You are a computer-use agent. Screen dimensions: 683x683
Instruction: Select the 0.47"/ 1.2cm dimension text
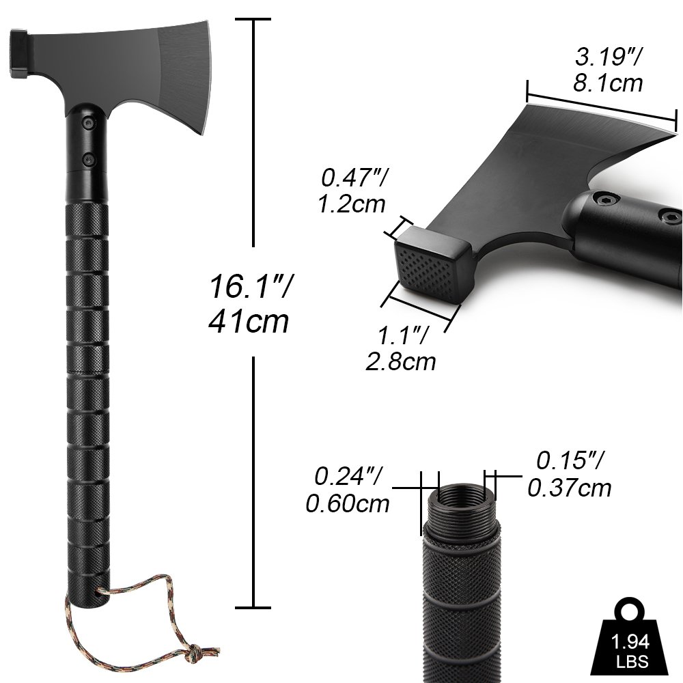pyautogui.click(x=352, y=191)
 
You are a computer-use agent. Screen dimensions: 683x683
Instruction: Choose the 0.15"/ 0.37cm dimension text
pyautogui.click(x=569, y=474)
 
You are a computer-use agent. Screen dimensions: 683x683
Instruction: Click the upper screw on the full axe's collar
pyautogui.click(x=88, y=122)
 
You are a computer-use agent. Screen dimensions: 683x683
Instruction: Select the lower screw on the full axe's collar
pyautogui.click(x=88, y=158)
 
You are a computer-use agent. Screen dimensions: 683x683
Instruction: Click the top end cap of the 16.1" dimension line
pyautogui.click(x=254, y=20)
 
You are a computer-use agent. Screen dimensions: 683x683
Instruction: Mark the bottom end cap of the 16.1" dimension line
pyautogui.click(x=254, y=607)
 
